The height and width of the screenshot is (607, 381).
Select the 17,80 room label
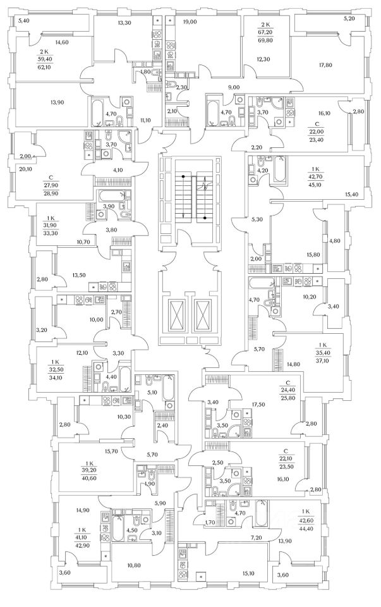(x=325, y=64)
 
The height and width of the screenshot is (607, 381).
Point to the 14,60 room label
(x=62, y=42)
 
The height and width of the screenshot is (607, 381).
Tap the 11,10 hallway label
(x=145, y=120)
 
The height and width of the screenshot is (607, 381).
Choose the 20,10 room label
(x=25, y=169)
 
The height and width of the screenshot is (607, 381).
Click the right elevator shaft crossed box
(x=203, y=312)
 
